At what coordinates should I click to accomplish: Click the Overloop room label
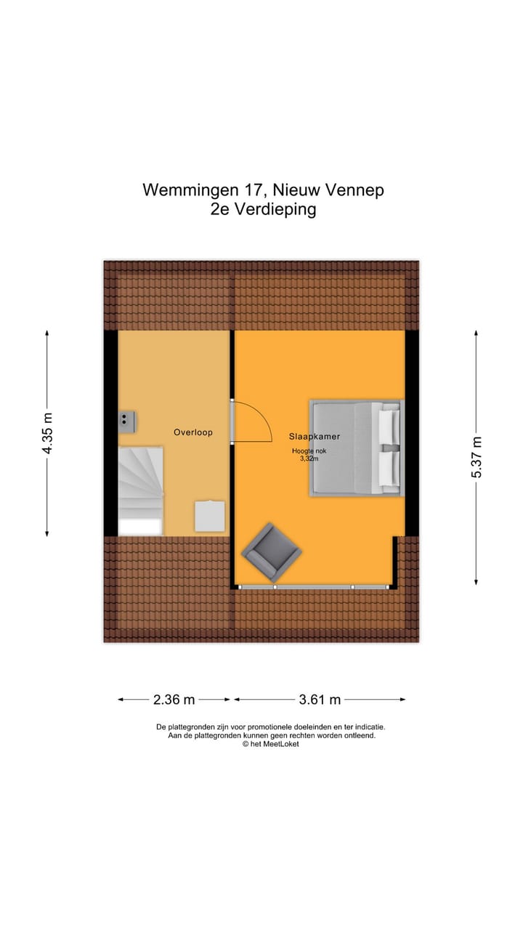192,432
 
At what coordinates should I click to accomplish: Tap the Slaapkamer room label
314,437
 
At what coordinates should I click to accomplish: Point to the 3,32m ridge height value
309,458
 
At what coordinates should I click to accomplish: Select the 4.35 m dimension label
47,433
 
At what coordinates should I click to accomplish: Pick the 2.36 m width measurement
174,700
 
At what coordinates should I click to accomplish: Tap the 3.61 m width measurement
320,700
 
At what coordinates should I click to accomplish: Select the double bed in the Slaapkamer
356,448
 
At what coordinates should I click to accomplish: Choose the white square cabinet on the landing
209,516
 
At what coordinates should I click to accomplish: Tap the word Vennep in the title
354,190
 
